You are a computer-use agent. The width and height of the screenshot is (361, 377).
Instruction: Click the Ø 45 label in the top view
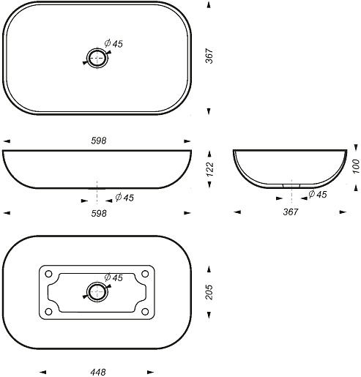click(x=113, y=44)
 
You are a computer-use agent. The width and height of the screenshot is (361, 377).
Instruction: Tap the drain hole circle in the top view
click(x=97, y=58)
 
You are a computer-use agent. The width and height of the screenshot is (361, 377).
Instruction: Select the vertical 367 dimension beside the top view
click(x=209, y=56)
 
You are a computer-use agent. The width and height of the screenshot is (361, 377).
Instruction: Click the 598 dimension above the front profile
click(x=99, y=141)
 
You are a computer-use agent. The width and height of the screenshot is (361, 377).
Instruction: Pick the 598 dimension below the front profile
click(x=99, y=214)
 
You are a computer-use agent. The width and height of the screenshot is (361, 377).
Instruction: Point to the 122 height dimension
click(x=210, y=169)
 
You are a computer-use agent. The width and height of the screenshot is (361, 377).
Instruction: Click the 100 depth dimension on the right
click(x=357, y=166)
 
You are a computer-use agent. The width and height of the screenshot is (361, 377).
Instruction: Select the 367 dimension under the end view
click(x=291, y=212)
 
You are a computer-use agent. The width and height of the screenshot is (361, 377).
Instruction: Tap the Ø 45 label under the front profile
click(x=124, y=198)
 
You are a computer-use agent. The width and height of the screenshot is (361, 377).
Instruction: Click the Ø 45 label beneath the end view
click(x=318, y=194)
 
